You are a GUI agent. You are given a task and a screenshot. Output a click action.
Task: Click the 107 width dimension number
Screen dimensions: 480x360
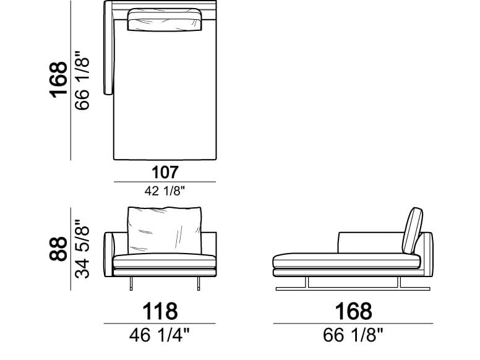pyautogui.click(x=165, y=173)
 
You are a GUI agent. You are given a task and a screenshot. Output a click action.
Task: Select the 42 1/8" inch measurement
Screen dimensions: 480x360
pyautogui.click(x=165, y=191)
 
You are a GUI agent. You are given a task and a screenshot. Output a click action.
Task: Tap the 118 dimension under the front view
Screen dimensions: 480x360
pyautogui.click(x=160, y=311)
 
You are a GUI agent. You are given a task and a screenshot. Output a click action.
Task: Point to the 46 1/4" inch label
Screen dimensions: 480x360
pyautogui.click(x=159, y=335)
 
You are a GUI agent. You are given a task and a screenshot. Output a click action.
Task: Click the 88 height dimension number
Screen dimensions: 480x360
pyautogui.click(x=58, y=248)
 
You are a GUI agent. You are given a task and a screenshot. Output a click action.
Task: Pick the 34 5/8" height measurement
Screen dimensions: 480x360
pyautogui.click(x=82, y=249)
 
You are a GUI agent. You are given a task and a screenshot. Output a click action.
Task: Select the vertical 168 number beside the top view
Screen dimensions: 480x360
pyautogui.click(x=58, y=80)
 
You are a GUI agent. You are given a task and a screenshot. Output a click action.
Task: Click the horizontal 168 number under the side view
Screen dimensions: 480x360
pyautogui.click(x=353, y=311)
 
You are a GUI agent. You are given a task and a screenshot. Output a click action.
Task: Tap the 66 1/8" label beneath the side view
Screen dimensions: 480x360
pyautogui.click(x=353, y=335)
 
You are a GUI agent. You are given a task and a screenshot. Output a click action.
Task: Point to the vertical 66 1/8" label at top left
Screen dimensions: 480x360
pyautogui.click(x=82, y=80)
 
